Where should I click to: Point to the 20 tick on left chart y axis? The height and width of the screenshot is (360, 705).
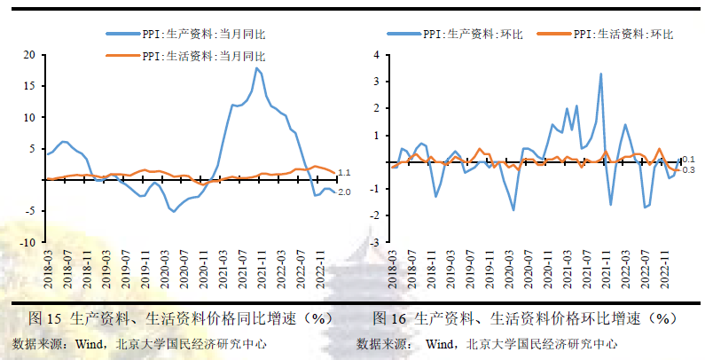click(x=28, y=55)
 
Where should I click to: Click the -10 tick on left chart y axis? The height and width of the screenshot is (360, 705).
click(x=27, y=242)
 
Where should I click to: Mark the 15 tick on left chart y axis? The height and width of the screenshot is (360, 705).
click(x=28, y=86)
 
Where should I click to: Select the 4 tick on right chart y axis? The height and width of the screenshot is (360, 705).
click(x=376, y=55)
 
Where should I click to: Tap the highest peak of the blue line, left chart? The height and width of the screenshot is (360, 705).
click(x=256, y=68)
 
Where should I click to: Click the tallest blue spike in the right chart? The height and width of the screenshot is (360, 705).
click(x=600, y=74)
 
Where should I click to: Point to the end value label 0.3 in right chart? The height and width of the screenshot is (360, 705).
click(x=688, y=170)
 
